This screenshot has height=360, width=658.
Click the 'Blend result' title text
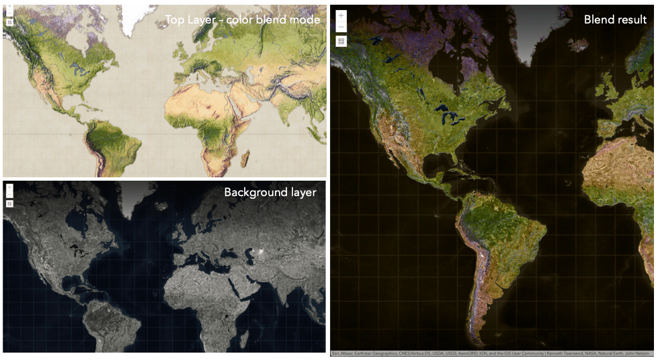[615, 20]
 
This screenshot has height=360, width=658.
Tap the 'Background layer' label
[270, 193]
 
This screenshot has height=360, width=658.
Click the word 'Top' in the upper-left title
[176, 20]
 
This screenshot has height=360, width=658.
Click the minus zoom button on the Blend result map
[341, 27]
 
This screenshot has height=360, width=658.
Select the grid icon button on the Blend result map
[341, 41]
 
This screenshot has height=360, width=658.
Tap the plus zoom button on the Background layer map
[9, 188]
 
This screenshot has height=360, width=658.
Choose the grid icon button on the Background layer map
[9, 204]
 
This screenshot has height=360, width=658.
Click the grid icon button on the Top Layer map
[9, 22]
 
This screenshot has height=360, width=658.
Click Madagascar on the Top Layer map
[245, 159]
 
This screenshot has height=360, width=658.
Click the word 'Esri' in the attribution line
[335, 353]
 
